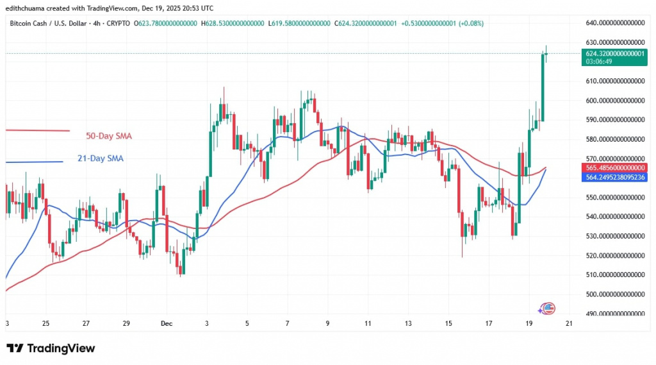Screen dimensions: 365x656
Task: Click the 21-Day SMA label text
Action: click(x=101, y=158)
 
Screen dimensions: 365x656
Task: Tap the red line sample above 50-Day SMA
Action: click(x=38, y=130)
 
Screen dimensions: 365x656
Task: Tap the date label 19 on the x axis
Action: click(x=529, y=324)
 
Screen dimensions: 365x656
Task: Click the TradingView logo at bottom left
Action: click(x=51, y=348)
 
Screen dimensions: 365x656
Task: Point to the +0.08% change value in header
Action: click(x=469, y=24)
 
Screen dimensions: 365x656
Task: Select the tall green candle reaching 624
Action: click(x=542, y=87)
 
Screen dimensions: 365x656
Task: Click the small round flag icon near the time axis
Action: click(x=548, y=309)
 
